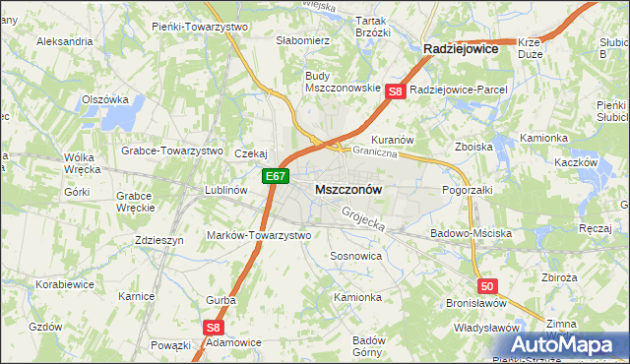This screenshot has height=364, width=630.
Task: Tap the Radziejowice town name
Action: click(x=460, y=47)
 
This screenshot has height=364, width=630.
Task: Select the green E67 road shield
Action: click(x=276, y=177)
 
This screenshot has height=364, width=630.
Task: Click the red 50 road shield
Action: click(x=488, y=285)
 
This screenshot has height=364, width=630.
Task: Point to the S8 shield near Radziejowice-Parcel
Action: click(x=395, y=91)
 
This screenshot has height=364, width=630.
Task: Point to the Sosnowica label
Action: click(x=355, y=255)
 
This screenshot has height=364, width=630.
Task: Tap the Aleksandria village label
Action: click(x=64, y=42)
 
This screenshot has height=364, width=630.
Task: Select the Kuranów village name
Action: click(x=391, y=140)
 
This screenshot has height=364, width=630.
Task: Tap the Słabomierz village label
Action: click(x=303, y=40)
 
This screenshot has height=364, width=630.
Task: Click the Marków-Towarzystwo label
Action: click(x=259, y=235)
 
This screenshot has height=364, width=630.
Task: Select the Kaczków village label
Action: click(x=577, y=162)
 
